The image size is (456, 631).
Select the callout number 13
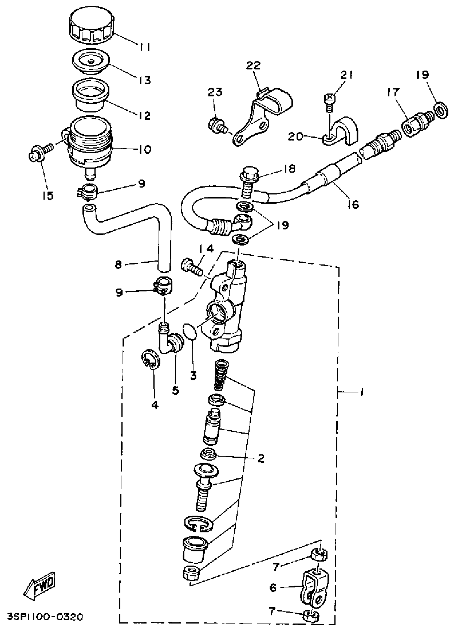[x=145, y=80]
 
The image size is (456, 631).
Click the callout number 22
[x=253, y=66]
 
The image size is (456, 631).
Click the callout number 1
[x=361, y=392]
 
